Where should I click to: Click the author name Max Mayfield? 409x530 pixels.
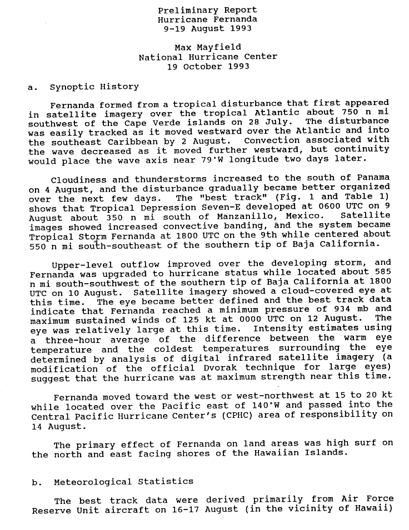coord(207,48)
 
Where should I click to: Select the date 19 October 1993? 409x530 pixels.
coord(208,66)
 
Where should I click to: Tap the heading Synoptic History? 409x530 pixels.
coord(94,87)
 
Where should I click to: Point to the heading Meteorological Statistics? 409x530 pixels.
coord(122,481)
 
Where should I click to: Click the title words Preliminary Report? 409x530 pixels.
coord(207,11)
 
